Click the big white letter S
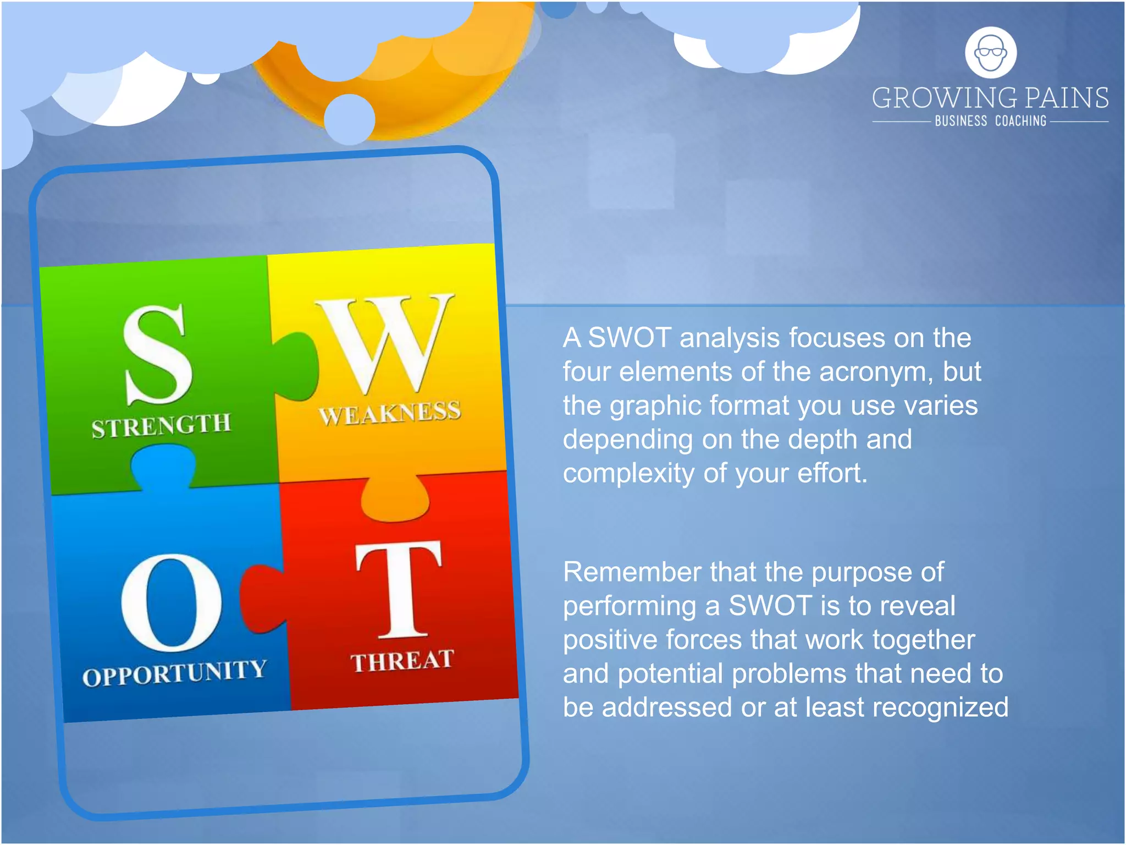tap(157, 355)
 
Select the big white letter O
tap(172, 602)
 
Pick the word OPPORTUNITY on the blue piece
tap(174, 673)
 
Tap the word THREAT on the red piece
tap(402, 660)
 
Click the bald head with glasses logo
tap(991, 53)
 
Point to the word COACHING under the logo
tap(1020, 121)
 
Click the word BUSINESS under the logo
tap(961, 121)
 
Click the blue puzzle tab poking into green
tap(163, 465)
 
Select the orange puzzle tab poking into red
tap(395, 498)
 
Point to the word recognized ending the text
tap(940, 707)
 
